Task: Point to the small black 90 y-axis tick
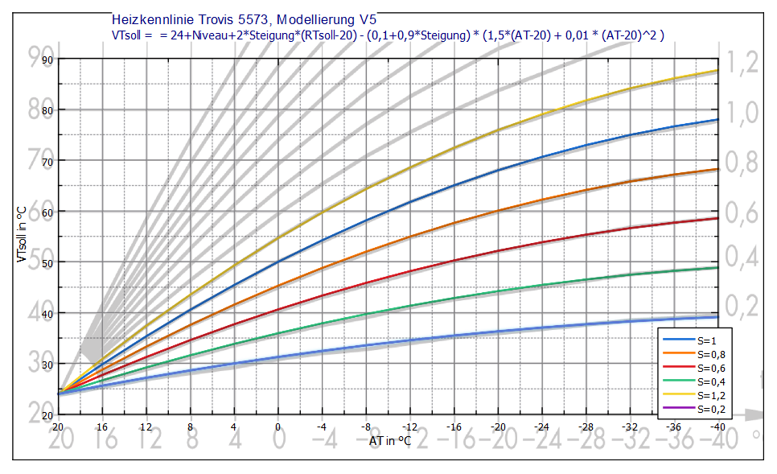(47, 59)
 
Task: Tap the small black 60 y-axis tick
(47, 211)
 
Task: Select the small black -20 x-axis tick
(499, 426)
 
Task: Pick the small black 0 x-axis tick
(277, 426)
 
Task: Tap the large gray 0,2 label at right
(741, 307)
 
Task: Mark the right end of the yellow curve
(717, 71)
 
